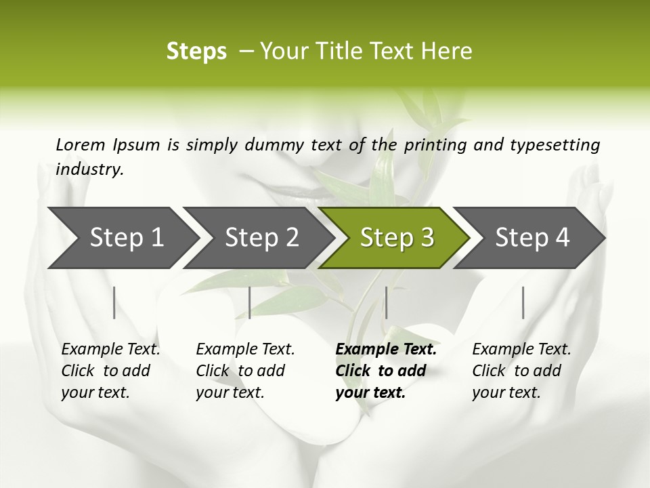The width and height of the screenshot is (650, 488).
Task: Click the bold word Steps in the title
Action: (x=196, y=52)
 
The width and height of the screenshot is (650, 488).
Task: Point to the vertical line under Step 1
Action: (x=114, y=302)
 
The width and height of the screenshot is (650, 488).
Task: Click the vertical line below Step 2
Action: (x=250, y=302)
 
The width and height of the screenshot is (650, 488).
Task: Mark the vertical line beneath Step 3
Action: (x=386, y=302)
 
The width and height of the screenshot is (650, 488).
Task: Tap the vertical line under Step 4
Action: (x=523, y=302)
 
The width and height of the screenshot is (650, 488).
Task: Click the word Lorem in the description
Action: (x=81, y=144)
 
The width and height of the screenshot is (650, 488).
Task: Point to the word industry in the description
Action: (x=89, y=169)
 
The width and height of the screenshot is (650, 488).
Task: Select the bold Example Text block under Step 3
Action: (x=386, y=371)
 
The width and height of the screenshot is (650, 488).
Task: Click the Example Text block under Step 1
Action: (x=110, y=371)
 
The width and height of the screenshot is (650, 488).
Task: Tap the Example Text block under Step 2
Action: (x=245, y=371)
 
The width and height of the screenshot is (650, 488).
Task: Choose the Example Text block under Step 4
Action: (x=521, y=371)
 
